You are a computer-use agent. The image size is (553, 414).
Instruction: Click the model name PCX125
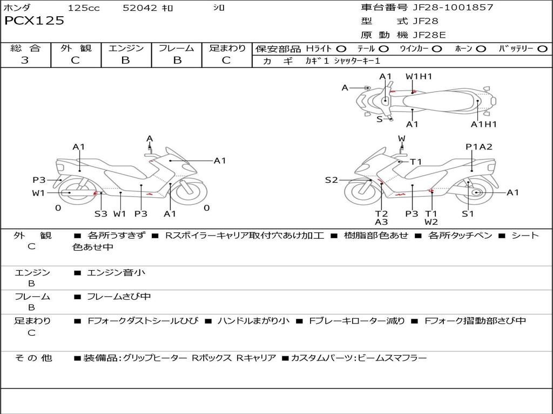(34, 21)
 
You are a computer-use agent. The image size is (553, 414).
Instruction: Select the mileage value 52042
(140, 8)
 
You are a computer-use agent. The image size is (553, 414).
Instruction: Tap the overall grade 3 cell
(25, 60)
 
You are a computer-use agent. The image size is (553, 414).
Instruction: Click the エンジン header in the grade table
(126, 49)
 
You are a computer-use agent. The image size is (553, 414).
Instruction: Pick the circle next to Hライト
(341, 49)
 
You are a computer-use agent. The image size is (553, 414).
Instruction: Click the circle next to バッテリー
(542, 49)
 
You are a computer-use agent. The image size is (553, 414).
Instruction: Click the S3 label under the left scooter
(101, 213)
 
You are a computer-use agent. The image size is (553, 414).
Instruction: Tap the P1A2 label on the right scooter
(478, 147)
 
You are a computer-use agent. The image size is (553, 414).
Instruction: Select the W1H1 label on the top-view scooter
(419, 77)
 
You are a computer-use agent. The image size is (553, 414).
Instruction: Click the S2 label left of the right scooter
(331, 180)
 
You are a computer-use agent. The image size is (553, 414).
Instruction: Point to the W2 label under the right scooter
(431, 222)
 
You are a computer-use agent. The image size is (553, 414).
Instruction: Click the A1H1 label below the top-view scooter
(483, 125)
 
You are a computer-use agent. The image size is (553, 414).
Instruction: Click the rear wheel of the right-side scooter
(476, 192)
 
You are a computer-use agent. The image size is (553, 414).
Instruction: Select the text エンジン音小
(116, 273)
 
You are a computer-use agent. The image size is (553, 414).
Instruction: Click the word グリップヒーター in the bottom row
(155, 358)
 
